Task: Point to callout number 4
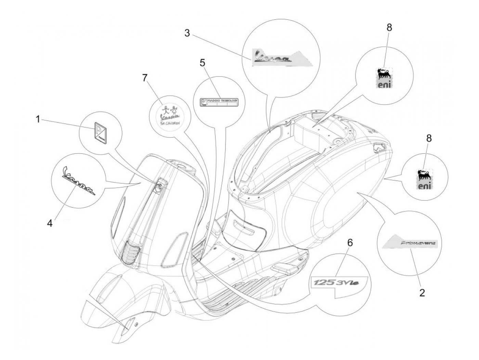[x=50, y=223]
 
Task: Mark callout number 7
[x=145, y=78]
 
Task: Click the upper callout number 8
[x=389, y=28]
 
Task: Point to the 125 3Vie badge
[x=338, y=283]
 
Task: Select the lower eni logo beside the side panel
[x=425, y=179]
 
